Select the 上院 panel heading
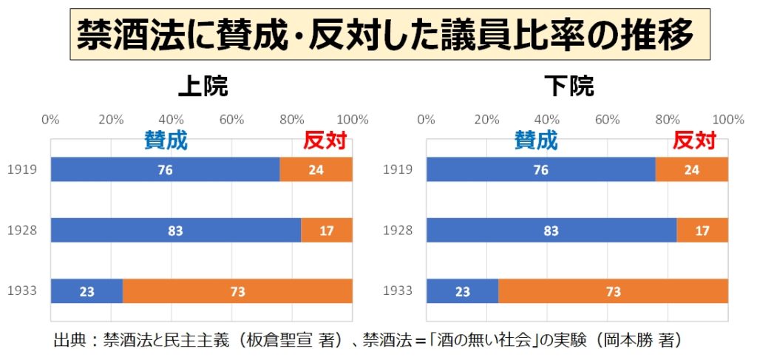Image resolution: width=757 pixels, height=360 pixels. [202, 87]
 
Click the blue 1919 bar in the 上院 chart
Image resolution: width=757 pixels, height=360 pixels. [165, 170]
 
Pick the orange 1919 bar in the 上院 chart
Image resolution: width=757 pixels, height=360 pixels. [316, 170]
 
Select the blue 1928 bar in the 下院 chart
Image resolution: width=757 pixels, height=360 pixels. [551, 231]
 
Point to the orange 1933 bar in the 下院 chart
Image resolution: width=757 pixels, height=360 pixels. [613, 291]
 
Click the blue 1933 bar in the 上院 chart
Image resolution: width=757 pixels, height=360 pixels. [86, 291]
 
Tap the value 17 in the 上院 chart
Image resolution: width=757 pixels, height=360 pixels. [326, 231]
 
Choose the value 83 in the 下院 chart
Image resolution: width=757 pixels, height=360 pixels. [551, 231]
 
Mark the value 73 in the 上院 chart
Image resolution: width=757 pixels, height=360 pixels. [237, 291]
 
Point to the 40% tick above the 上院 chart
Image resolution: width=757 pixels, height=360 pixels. [172, 120]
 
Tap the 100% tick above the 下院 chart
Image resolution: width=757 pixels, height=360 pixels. [728, 120]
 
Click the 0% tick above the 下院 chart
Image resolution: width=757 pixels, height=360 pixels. [427, 120]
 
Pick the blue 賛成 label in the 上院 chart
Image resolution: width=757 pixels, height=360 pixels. [166, 140]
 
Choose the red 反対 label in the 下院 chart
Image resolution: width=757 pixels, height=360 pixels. [695, 140]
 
